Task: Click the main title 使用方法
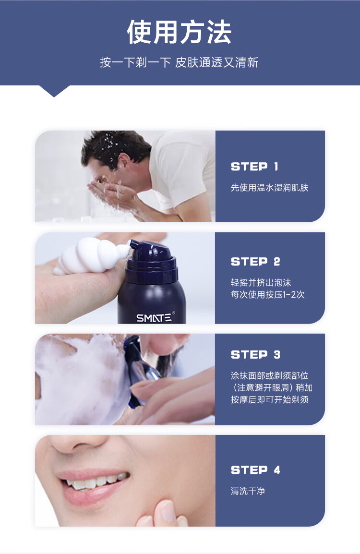tap(179, 32)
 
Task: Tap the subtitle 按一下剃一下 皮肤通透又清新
tap(179, 62)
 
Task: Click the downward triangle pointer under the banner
tap(54, 91)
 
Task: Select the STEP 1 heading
tap(254, 167)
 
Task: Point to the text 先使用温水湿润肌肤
tap(270, 188)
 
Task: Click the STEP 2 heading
tap(255, 262)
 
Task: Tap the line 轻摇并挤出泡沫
tap(261, 282)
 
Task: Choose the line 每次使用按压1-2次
tap(268, 294)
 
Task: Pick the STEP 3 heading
tap(255, 354)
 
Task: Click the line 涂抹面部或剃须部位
tap(270, 375)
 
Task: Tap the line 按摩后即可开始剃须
tap(270, 399)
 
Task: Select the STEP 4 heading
tap(255, 470)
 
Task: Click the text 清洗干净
tap(248, 491)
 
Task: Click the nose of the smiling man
tap(76, 444)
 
